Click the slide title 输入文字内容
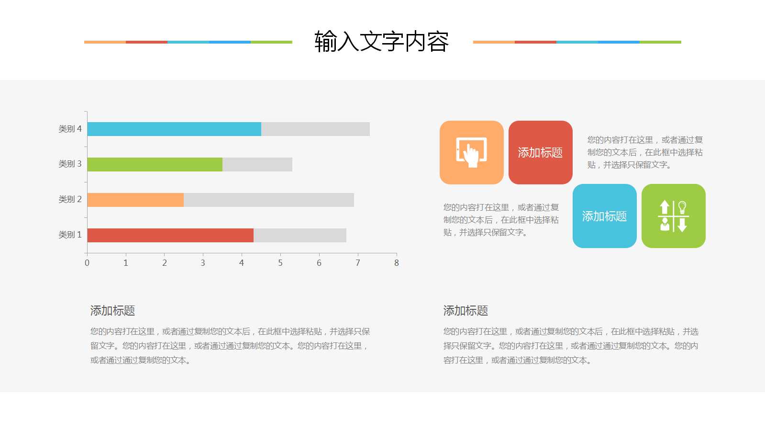[381, 42]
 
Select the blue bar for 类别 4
[174, 129]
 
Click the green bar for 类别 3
[155, 164]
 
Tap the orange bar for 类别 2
[135, 200]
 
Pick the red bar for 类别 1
[170, 235]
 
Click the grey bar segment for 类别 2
[268, 200]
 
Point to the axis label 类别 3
[70, 164]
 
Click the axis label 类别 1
[70, 235]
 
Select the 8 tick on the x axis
[396, 262]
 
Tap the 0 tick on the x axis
[87, 262]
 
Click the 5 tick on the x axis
[280, 262]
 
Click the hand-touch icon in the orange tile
[471, 153]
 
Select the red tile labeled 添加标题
[540, 153]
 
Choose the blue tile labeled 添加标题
[604, 216]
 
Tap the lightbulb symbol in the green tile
[682, 207]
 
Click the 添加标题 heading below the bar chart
[112, 311]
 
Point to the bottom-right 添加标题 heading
[466, 311]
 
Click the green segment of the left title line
[271, 42]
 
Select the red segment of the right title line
[535, 42]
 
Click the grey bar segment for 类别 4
[315, 129]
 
